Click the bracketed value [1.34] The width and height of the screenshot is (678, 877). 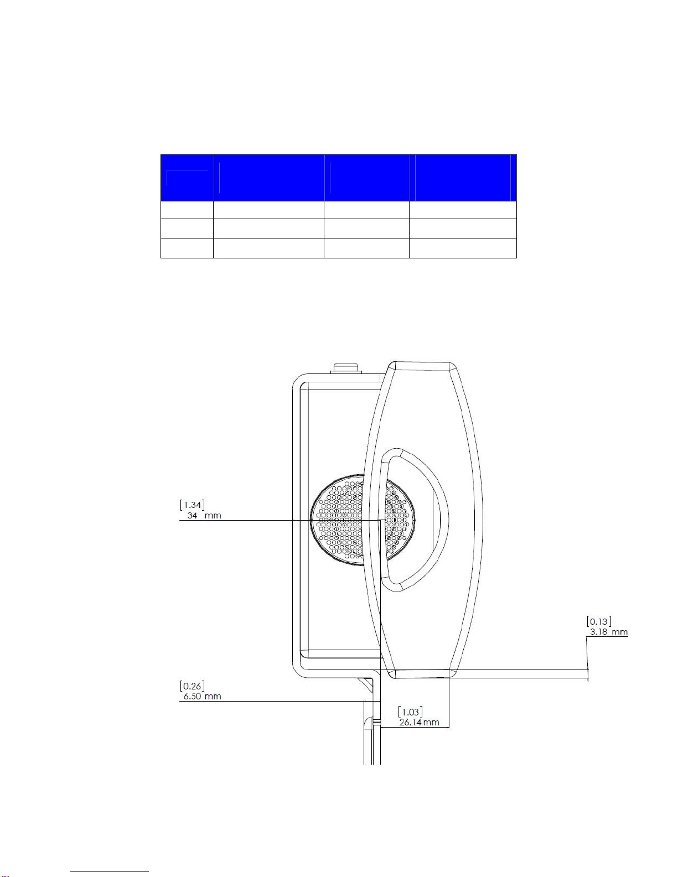[x=192, y=505]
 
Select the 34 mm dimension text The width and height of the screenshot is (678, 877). [x=204, y=516]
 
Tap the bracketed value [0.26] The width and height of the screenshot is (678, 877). [x=192, y=686]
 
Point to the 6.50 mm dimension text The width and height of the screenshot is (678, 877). [x=202, y=696]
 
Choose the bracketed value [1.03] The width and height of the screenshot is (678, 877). [x=411, y=712]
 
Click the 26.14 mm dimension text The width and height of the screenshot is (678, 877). [x=420, y=722]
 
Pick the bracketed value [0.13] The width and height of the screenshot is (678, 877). [x=599, y=621]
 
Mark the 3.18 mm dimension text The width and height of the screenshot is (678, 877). [x=609, y=632]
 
